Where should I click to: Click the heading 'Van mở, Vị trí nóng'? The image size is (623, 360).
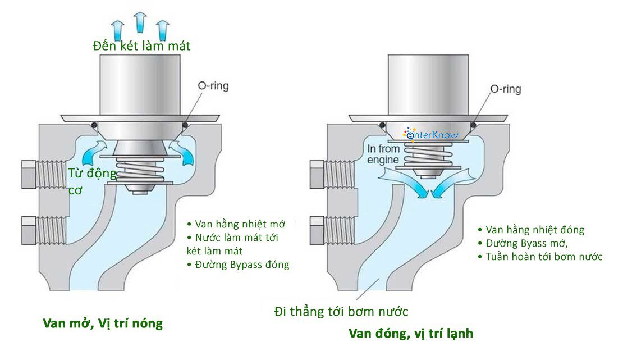pyautogui.click(x=103, y=323)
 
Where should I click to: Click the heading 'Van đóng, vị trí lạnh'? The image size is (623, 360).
pyautogui.click(x=410, y=333)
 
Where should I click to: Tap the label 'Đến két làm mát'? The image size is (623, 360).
pyautogui.click(x=142, y=45)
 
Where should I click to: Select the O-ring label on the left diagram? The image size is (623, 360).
pyautogui.click(x=213, y=86)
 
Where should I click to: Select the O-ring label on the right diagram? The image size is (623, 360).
pyautogui.click(x=505, y=89)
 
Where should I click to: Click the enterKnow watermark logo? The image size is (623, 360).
pyautogui.click(x=431, y=134)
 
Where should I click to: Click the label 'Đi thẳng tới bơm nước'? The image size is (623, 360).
pyautogui.click(x=341, y=311)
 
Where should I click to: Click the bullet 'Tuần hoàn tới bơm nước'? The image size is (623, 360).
pyautogui.click(x=540, y=257)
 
